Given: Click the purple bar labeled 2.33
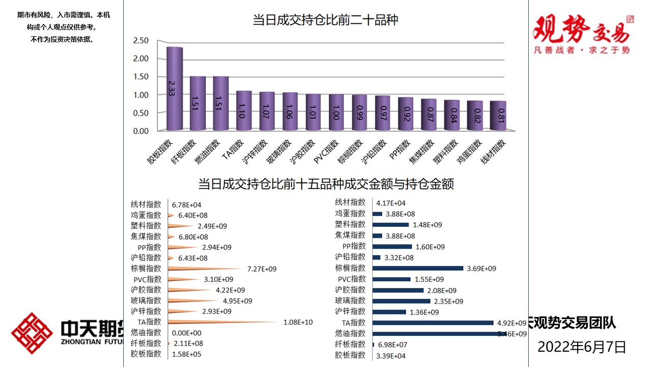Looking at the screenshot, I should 175,89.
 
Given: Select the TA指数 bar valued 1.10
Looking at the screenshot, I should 244,111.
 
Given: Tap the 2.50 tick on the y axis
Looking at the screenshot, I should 141,41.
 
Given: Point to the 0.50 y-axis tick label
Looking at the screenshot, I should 141,113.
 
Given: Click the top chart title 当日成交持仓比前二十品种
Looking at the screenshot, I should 325,20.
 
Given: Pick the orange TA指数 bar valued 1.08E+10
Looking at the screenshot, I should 224,322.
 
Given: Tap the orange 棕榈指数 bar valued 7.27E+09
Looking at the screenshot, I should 204,268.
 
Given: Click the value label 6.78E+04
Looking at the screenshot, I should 186,204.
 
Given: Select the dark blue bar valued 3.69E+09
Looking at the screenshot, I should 418,268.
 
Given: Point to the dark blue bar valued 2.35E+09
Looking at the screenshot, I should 401,301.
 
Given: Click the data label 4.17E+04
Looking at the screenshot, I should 391,203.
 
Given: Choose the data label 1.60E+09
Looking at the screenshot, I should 430,247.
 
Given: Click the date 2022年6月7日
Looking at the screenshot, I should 582,348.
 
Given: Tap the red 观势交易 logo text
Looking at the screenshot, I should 581,30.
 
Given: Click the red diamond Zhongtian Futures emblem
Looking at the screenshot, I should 32,333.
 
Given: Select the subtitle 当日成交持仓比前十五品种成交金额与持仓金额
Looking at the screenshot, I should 325,184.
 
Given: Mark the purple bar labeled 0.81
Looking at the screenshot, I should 498,116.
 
